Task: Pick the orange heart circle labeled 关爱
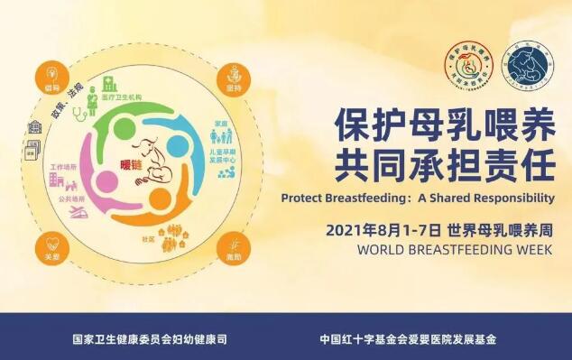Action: click(x=50, y=245)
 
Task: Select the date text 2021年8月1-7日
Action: click(x=378, y=226)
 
